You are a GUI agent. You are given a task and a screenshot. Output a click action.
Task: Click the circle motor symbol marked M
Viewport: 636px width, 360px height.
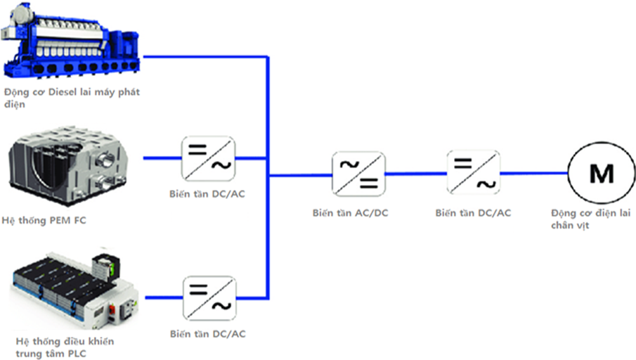coord(600,173)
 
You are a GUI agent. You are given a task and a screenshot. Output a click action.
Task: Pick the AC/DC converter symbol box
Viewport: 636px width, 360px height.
coord(358,173)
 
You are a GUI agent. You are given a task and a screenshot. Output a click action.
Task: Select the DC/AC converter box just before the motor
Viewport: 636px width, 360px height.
coord(473,173)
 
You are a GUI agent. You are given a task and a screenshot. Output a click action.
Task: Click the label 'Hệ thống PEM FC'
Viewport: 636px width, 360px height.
coord(45,221)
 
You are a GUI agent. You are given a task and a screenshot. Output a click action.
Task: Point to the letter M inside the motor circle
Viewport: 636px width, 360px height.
coord(600,173)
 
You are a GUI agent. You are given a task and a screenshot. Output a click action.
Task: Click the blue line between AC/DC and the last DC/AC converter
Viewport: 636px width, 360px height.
coord(415,173)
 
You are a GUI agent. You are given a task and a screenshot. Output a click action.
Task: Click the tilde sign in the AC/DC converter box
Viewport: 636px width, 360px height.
coord(349,165)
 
